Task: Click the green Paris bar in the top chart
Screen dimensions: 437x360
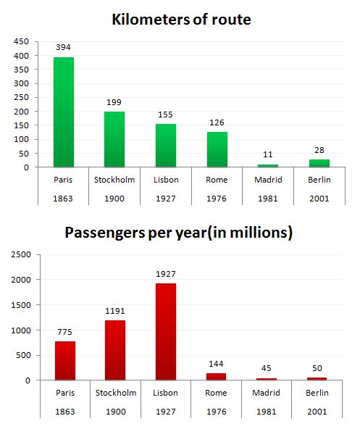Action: pos(64,112)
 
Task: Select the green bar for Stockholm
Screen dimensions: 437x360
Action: pos(114,139)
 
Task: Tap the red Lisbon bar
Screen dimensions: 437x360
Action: pos(165,331)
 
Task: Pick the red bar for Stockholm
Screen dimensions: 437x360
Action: pos(114,350)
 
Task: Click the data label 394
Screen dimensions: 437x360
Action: pos(64,47)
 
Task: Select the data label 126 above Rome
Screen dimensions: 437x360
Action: pos(217,122)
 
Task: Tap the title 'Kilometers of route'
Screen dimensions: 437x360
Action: pos(181,20)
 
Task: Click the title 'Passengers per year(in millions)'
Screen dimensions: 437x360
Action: pos(179,233)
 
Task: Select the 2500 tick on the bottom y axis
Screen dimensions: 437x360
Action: pos(20,254)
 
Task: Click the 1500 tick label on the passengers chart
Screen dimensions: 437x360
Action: pos(20,305)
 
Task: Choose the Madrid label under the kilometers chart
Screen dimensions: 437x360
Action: pos(267,179)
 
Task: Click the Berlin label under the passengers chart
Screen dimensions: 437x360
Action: pos(318,392)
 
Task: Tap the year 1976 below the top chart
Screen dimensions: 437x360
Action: pos(217,197)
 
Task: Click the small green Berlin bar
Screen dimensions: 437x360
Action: pos(318,163)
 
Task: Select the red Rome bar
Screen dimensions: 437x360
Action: pos(217,376)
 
